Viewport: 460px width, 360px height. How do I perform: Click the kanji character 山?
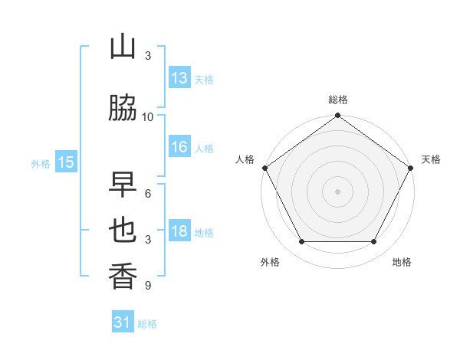tap(123, 47)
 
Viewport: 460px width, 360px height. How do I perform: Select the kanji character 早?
tap(123, 185)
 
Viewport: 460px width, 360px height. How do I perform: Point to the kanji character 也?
tap(123, 231)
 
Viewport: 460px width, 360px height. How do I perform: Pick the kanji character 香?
tap(123, 275)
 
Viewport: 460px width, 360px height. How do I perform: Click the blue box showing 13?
tap(179, 78)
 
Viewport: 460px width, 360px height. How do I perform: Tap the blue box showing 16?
tap(179, 148)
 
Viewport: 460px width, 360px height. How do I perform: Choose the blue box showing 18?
tap(179, 232)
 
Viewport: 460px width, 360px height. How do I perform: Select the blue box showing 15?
tap(66, 162)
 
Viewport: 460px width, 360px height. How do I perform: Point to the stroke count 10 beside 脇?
tap(148, 117)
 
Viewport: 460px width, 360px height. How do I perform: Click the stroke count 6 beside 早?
tap(148, 194)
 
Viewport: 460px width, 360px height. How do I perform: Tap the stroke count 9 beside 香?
tap(148, 286)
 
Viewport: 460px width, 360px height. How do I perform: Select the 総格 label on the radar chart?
tap(338, 100)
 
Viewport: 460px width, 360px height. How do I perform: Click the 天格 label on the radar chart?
tap(432, 159)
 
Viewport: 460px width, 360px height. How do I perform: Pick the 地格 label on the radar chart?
tap(402, 262)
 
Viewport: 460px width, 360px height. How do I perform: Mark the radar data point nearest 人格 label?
tap(264, 167)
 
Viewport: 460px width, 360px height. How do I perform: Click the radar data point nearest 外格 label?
tap(301, 242)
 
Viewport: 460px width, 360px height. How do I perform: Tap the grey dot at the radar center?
tap(338, 191)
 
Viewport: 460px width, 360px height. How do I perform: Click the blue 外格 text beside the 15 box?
tap(41, 163)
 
